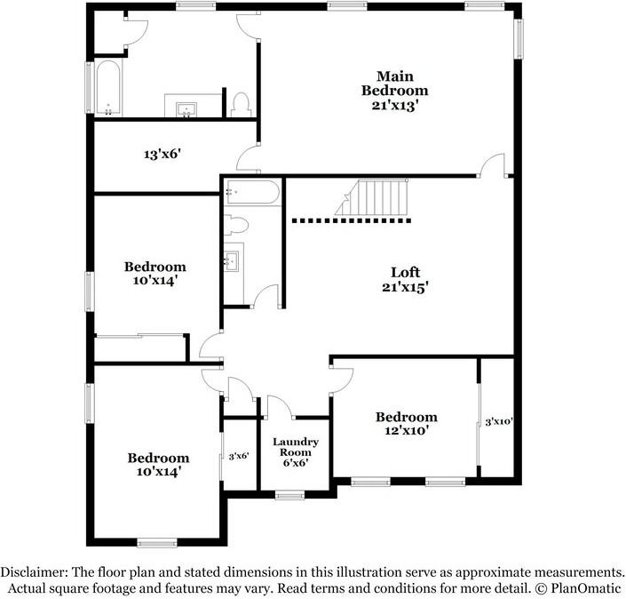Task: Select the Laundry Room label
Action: tap(295, 451)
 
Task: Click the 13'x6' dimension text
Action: tap(162, 154)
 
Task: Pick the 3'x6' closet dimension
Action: tap(238, 456)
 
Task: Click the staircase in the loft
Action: tap(372, 197)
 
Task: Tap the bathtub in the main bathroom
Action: tap(108, 89)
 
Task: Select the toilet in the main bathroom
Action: tap(239, 104)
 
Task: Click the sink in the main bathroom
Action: tap(186, 108)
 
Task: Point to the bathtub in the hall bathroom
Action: tap(252, 191)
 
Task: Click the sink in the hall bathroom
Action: tap(233, 260)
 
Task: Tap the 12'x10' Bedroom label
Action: tap(406, 423)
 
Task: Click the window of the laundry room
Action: tap(289, 494)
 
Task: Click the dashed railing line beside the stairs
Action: tap(351, 219)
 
